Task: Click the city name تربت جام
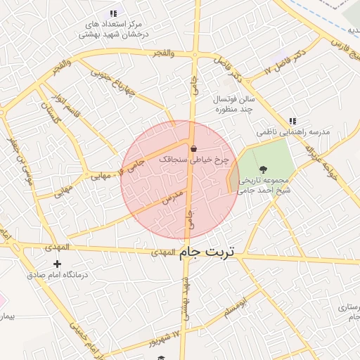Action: click(x=209, y=251)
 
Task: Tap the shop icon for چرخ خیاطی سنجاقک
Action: click(x=193, y=148)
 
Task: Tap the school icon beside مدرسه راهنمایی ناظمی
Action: click(x=292, y=121)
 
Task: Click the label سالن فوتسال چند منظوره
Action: click(x=234, y=105)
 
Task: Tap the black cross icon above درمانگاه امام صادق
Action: click(x=57, y=264)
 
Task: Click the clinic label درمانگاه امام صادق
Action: click(x=56, y=275)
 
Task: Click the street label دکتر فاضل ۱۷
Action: click(x=278, y=63)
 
